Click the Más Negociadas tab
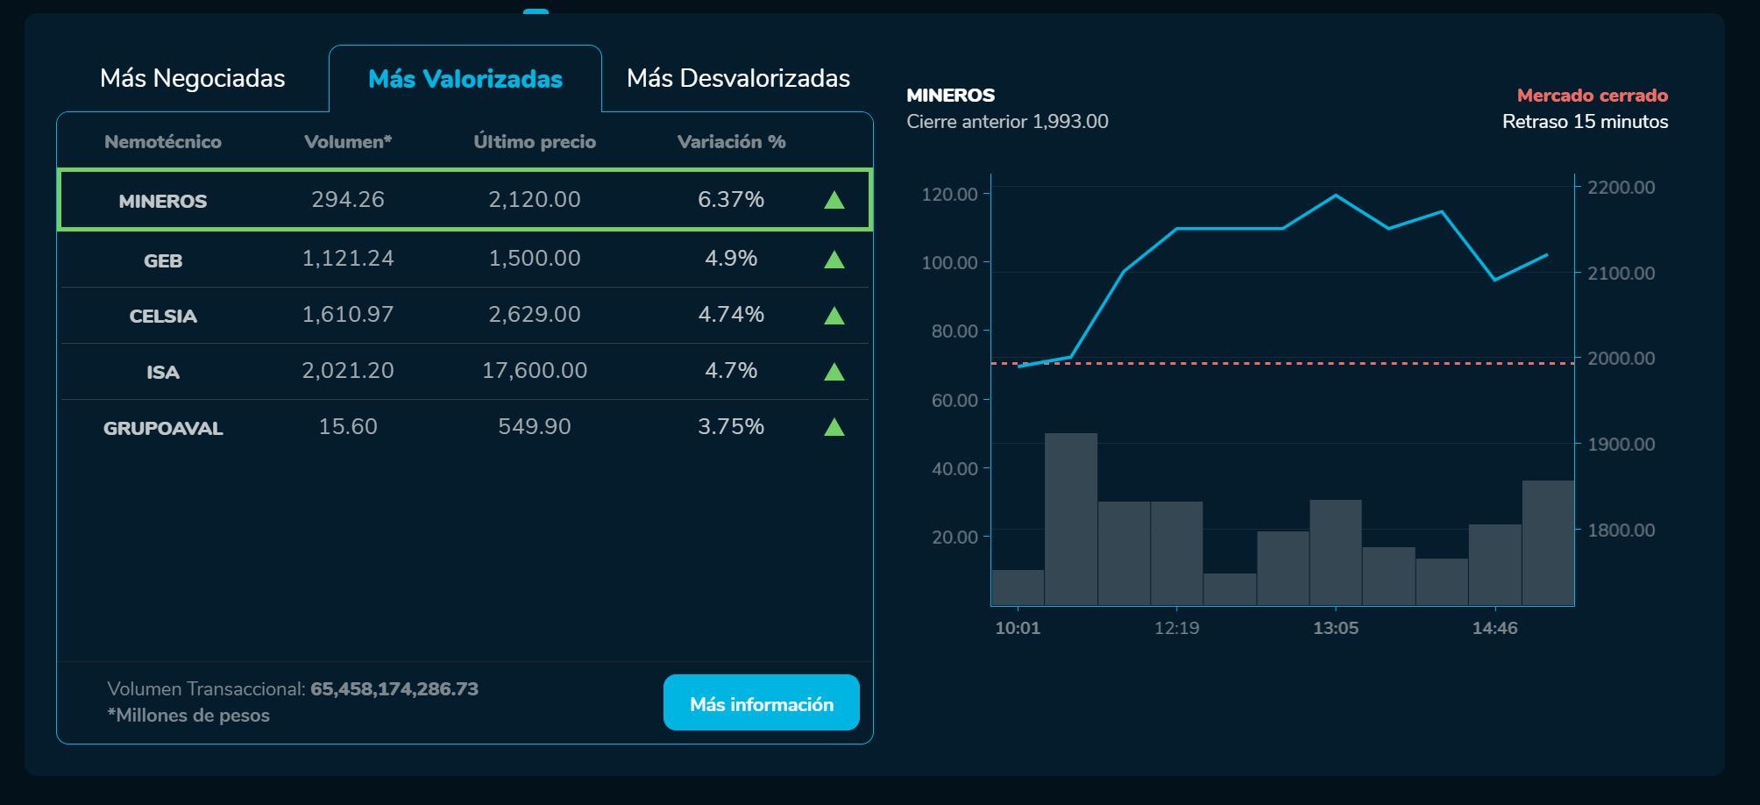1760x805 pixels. (192, 78)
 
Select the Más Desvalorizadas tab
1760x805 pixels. (738, 78)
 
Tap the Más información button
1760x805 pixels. (761, 703)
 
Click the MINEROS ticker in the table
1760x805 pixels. (163, 201)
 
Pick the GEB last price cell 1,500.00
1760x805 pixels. (534, 259)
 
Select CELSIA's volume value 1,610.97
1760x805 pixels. (348, 315)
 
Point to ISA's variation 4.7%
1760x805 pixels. (731, 371)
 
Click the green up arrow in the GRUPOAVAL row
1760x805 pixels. (834, 427)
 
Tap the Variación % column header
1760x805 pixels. (731, 142)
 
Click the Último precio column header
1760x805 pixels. (534, 142)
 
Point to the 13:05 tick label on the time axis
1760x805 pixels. (1336, 628)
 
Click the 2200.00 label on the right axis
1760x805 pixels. (1622, 188)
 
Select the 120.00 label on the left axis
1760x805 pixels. (949, 194)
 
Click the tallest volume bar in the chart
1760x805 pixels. (1071, 517)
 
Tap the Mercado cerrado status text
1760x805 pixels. (1592, 96)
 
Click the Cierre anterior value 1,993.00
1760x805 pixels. (1070, 122)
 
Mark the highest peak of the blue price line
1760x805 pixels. (1336, 195)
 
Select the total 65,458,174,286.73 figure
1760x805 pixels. (394, 689)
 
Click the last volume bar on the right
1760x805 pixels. (1548, 542)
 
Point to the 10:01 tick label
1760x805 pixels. (1018, 628)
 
